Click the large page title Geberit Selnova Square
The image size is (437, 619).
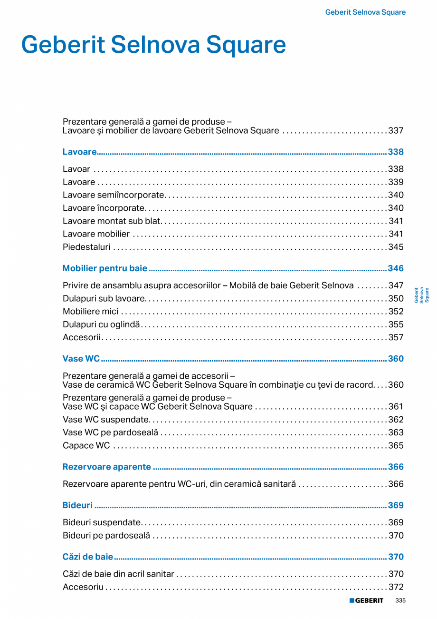pyautogui.click(x=153, y=45)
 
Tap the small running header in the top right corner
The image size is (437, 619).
pyautogui.click(x=365, y=12)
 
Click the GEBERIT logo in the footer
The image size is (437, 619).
pyautogui.click(x=366, y=600)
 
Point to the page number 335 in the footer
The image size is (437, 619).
pyautogui.click(x=400, y=600)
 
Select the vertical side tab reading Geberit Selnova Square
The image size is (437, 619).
pyautogui.click(x=421, y=295)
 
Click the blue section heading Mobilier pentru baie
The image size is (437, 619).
pyautogui.click(x=105, y=268)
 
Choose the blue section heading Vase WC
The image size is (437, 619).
pyautogui.click(x=81, y=359)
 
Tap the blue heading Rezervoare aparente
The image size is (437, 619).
pyautogui.click(x=107, y=467)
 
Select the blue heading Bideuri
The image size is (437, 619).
pyautogui.click(x=77, y=505)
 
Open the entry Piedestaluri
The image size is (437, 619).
pyautogui.click(x=86, y=247)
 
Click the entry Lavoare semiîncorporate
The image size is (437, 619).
pyautogui.click(x=114, y=195)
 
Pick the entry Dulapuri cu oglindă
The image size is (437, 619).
pyautogui.click(x=102, y=324)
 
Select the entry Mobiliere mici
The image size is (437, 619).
pyautogui.click(x=91, y=312)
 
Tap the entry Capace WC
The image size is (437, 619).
pyautogui.click(x=86, y=445)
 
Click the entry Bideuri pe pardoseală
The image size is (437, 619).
pyautogui.click(x=106, y=535)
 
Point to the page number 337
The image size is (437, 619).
pyautogui.click(x=396, y=130)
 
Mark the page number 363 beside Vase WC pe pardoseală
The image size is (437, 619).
pyautogui.click(x=396, y=432)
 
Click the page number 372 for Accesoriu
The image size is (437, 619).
pyautogui.click(x=396, y=587)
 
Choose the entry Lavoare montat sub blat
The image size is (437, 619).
pyautogui.click(x=112, y=221)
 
